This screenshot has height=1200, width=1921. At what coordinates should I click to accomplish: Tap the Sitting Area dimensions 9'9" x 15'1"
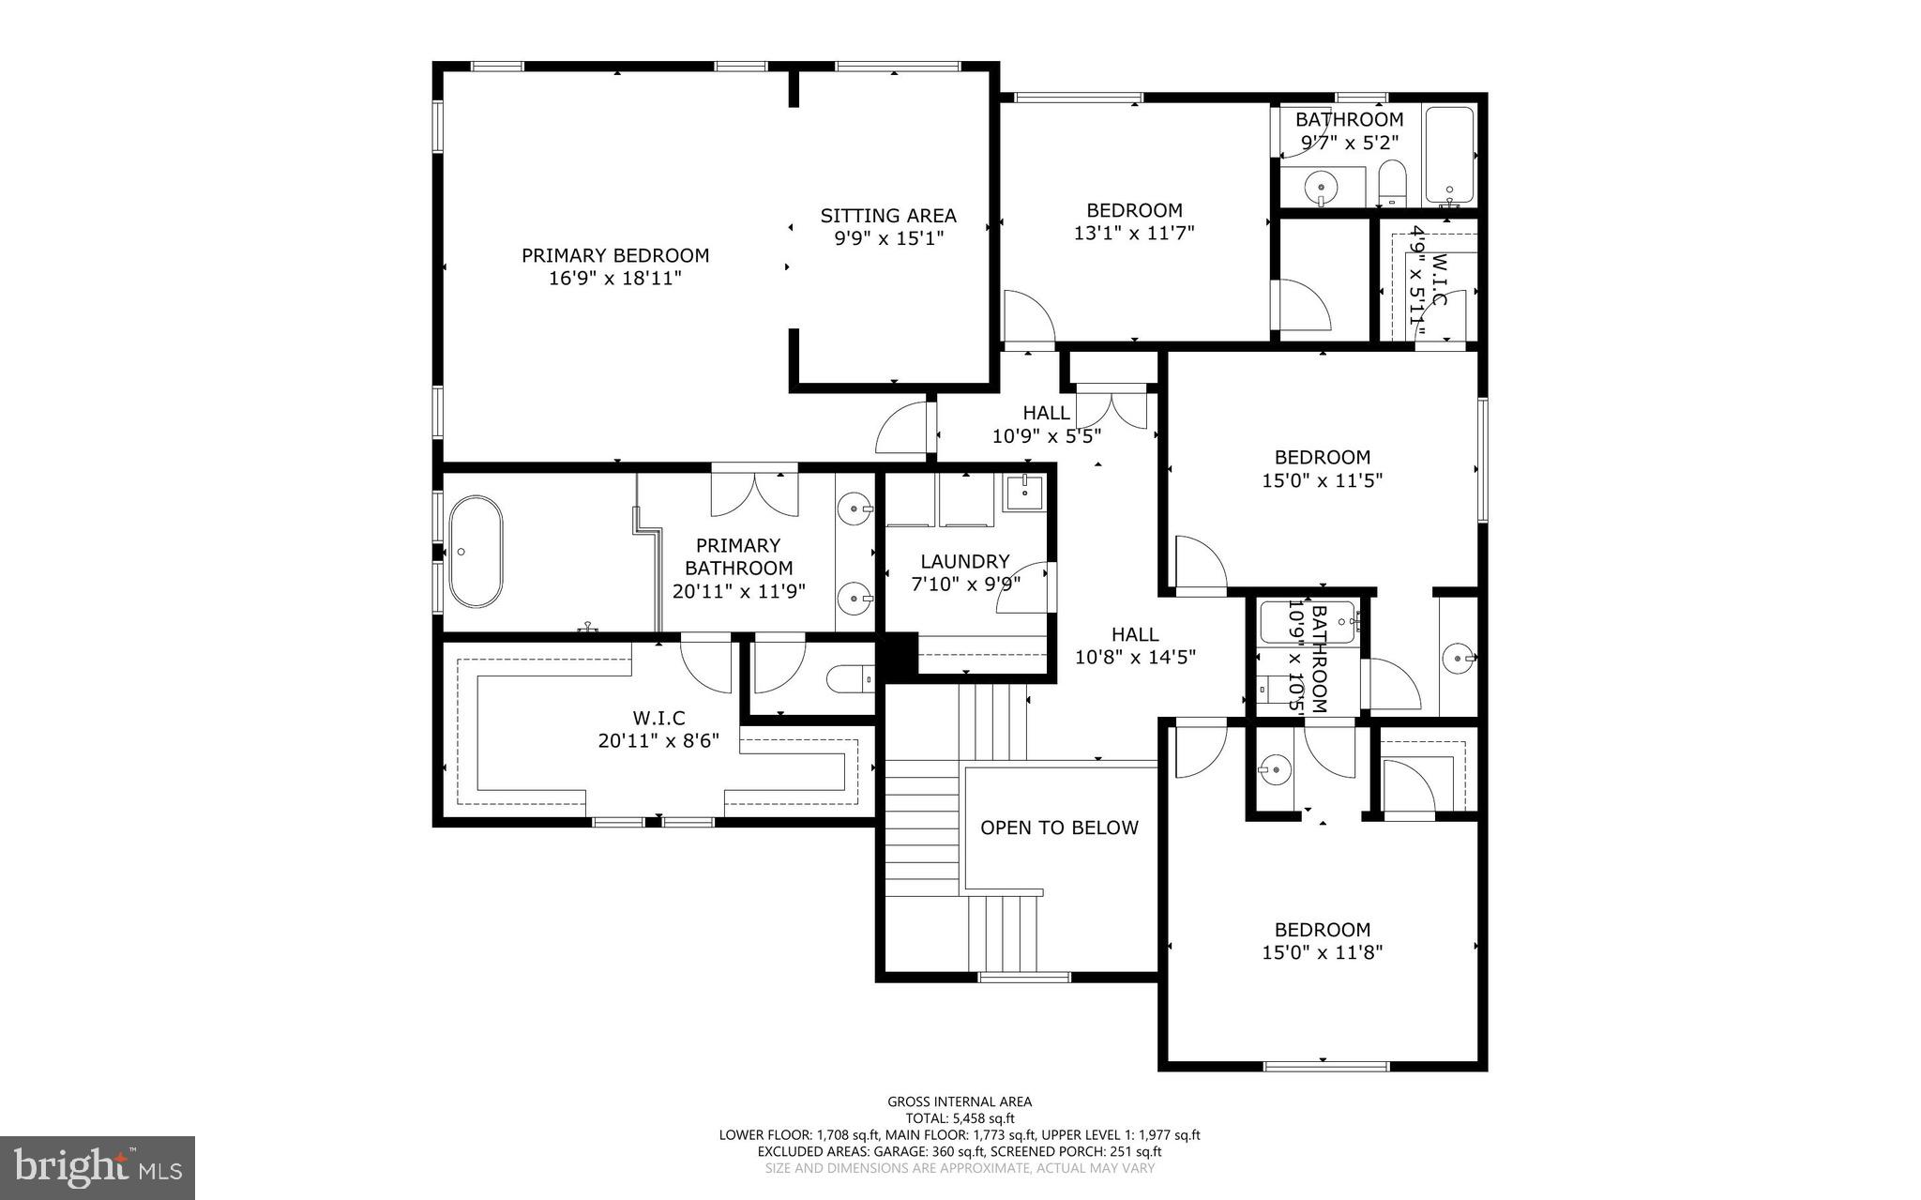pyautogui.click(x=888, y=238)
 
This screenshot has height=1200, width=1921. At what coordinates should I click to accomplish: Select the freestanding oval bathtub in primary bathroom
pyautogui.click(x=475, y=552)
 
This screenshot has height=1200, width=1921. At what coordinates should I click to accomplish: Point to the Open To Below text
pyautogui.click(x=1059, y=828)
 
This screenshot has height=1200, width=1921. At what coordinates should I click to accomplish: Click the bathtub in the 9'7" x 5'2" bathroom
pyautogui.click(x=1448, y=157)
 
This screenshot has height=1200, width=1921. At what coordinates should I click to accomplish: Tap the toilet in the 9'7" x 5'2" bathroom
pyautogui.click(x=1393, y=183)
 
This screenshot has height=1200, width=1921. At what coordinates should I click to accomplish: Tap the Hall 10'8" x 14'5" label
pyautogui.click(x=1135, y=646)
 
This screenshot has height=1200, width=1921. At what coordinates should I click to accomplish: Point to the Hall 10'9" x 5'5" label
pyautogui.click(x=1046, y=424)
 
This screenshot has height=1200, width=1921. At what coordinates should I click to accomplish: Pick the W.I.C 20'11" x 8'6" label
pyautogui.click(x=658, y=729)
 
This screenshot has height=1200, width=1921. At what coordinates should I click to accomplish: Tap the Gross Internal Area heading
pyautogui.click(x=960, y=1102)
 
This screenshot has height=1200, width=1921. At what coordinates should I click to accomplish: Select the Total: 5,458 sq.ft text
pyautogui.click(x=960, y=1118)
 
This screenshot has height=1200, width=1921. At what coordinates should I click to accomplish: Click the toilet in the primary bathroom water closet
pyautogui.click(x=850, y=678)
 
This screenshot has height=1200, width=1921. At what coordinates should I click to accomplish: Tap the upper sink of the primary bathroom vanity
pyautogui.click(x=855, y=510)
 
